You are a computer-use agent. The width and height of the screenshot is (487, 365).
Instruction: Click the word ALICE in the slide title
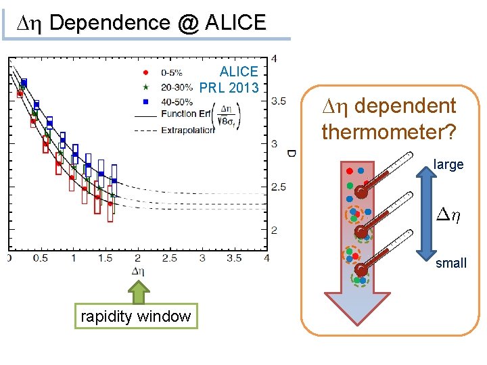tap(231, 22)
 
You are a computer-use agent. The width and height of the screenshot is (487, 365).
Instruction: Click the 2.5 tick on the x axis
tap(169, 258)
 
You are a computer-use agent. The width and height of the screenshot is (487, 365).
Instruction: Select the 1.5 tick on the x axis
tap(105, 258)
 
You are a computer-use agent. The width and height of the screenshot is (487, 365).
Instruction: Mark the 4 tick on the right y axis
tap(273, 59)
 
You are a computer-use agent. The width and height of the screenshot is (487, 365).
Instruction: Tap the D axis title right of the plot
tap(291, 153)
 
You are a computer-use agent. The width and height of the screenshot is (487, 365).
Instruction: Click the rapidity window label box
tap(136, 316)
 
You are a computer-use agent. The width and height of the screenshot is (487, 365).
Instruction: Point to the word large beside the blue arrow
tap(448, 164)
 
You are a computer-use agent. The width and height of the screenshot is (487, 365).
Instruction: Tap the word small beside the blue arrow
tap(450, 263)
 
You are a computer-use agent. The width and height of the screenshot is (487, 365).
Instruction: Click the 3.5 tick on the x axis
tap(233, 258)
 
